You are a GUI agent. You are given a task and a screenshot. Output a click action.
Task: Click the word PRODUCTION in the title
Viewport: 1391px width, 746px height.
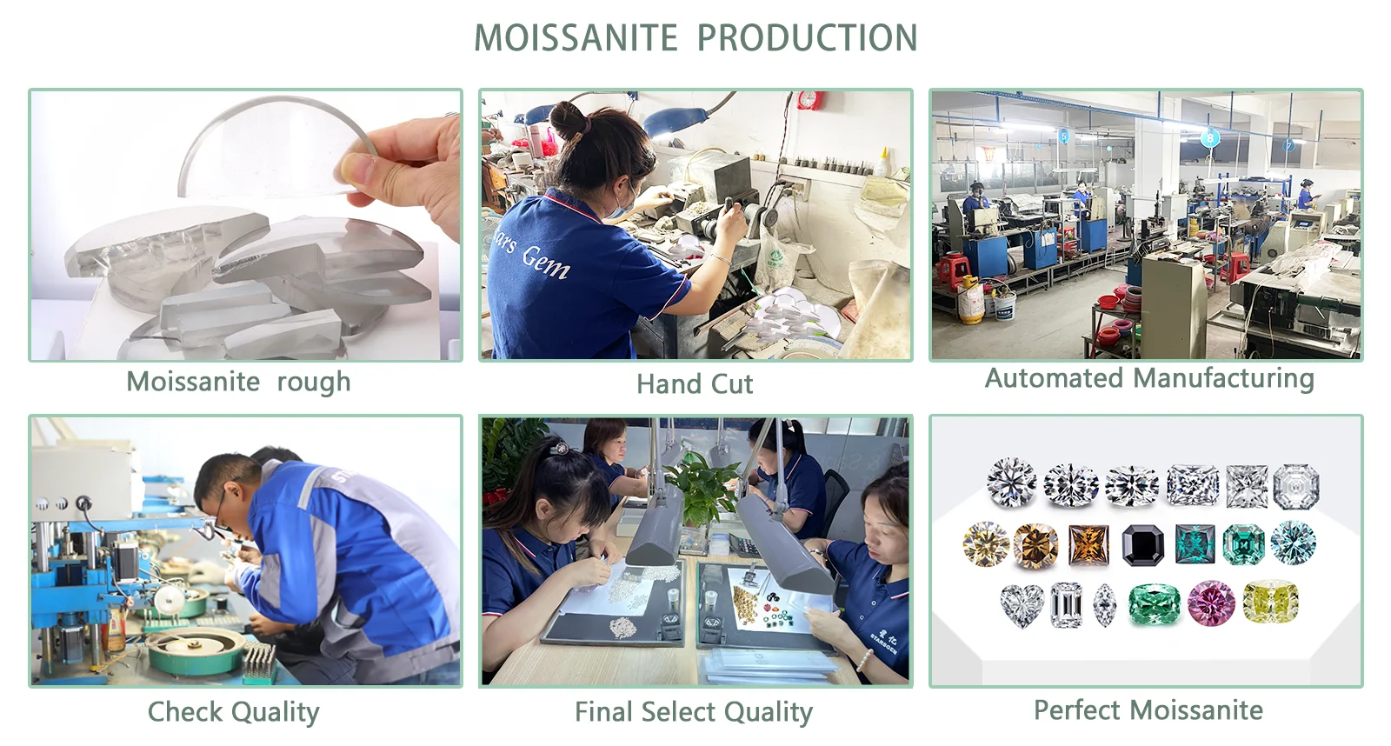coord(808,38)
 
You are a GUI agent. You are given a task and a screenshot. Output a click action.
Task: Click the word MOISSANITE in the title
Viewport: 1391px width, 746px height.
coord(576,38)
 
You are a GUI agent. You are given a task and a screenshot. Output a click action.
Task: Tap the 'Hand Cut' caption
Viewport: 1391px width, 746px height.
coord(695,384)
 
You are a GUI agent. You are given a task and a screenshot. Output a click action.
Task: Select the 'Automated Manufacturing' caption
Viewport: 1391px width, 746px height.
coord(1149,378)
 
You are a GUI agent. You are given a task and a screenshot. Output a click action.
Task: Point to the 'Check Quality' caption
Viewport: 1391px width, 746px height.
coord(234,712)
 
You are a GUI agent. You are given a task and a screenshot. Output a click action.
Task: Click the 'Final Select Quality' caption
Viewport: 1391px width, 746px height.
coord(694,712)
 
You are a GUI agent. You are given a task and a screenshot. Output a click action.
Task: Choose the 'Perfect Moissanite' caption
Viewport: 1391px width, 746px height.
coord(1148,710)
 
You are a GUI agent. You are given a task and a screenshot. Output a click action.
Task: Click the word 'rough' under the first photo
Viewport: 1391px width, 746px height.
coord(314,382)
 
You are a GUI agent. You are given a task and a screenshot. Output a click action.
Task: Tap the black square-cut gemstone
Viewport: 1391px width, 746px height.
coord(1144,545)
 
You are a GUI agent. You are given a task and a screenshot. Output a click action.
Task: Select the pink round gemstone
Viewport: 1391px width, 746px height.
coord(1211,603)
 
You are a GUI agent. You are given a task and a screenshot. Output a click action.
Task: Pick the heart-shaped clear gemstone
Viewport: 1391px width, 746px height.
coord(1022,606)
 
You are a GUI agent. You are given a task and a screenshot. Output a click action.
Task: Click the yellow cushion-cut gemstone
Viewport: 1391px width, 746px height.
coord(1270,601)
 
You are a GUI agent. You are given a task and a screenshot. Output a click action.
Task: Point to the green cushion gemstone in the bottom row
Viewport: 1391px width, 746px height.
coord(1154,603)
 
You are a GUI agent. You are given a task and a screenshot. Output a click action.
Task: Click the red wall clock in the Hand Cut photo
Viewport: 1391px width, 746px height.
coord(809,101)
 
